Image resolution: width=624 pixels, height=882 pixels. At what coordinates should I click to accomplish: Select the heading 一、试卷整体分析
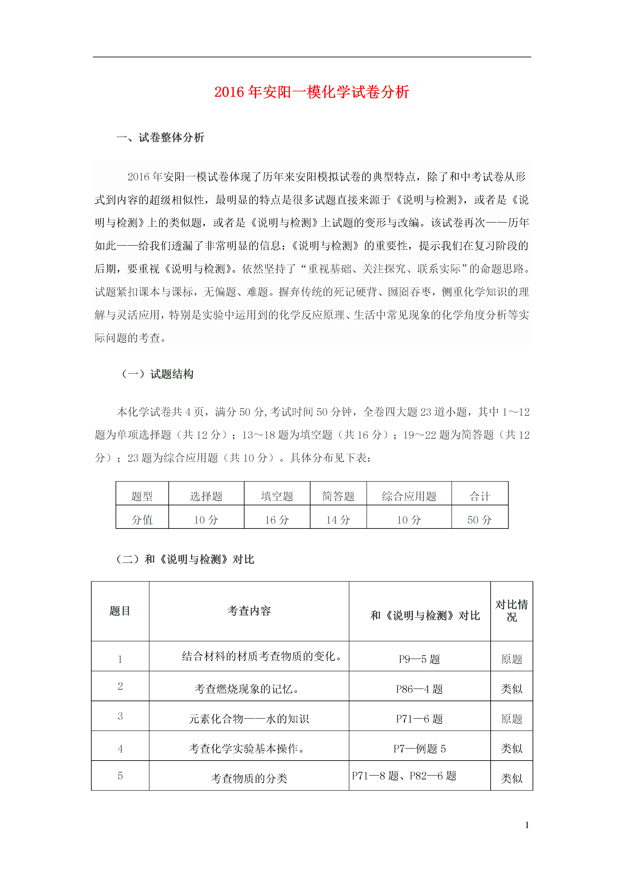tap(160, 137)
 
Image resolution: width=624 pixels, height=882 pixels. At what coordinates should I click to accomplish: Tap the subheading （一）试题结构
tap(158, 374)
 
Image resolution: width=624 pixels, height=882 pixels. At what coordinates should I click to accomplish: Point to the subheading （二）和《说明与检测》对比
tap(185, 559)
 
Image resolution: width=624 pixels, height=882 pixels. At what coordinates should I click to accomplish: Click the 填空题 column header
tap(277, 496)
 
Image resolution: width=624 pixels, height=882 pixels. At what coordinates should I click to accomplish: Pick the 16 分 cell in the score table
tap(277, 520)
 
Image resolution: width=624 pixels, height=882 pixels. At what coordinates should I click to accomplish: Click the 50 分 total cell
tap(480, 520)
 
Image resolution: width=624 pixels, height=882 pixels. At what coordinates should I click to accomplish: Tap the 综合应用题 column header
tap(409, 496)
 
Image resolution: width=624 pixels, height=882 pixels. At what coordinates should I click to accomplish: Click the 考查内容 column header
tap(249, 611)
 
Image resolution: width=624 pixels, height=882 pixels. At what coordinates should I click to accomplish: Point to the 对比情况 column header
tap(511, 611)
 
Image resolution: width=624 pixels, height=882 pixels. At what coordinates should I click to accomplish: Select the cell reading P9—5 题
tap(419, 659)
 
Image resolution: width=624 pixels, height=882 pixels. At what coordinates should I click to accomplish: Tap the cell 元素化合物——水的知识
tap(249, 719)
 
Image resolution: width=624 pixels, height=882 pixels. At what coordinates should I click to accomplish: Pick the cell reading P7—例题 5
tap(419, 749)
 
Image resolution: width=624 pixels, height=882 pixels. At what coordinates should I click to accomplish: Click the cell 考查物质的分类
tap(249, 778)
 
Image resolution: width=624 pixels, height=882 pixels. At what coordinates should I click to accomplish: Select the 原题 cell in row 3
tap(511, 719)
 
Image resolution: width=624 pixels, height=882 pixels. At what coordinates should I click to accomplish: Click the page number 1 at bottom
tap(527, 825)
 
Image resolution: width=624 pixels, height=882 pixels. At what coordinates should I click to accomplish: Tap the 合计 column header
tap(480, 496)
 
